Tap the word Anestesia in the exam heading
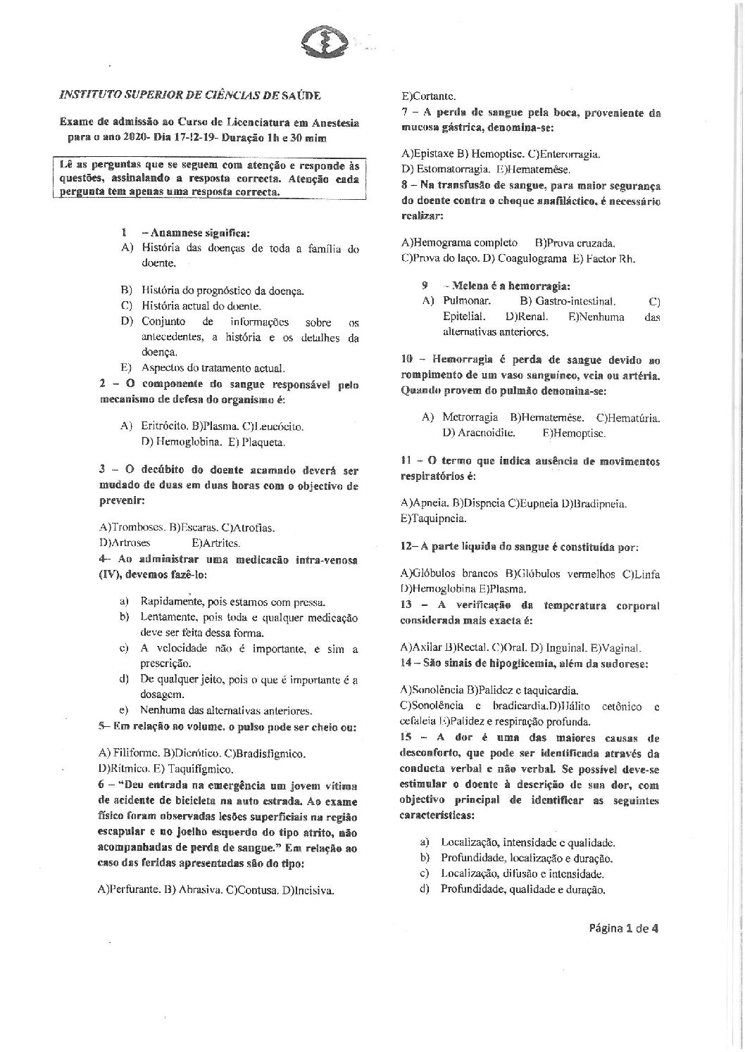(334, 122)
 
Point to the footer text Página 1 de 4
(624, 927)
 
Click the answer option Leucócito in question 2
(277, 426)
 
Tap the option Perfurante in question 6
(131, 889)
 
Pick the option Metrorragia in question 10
(469, 417)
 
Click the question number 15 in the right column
(408, 737)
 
